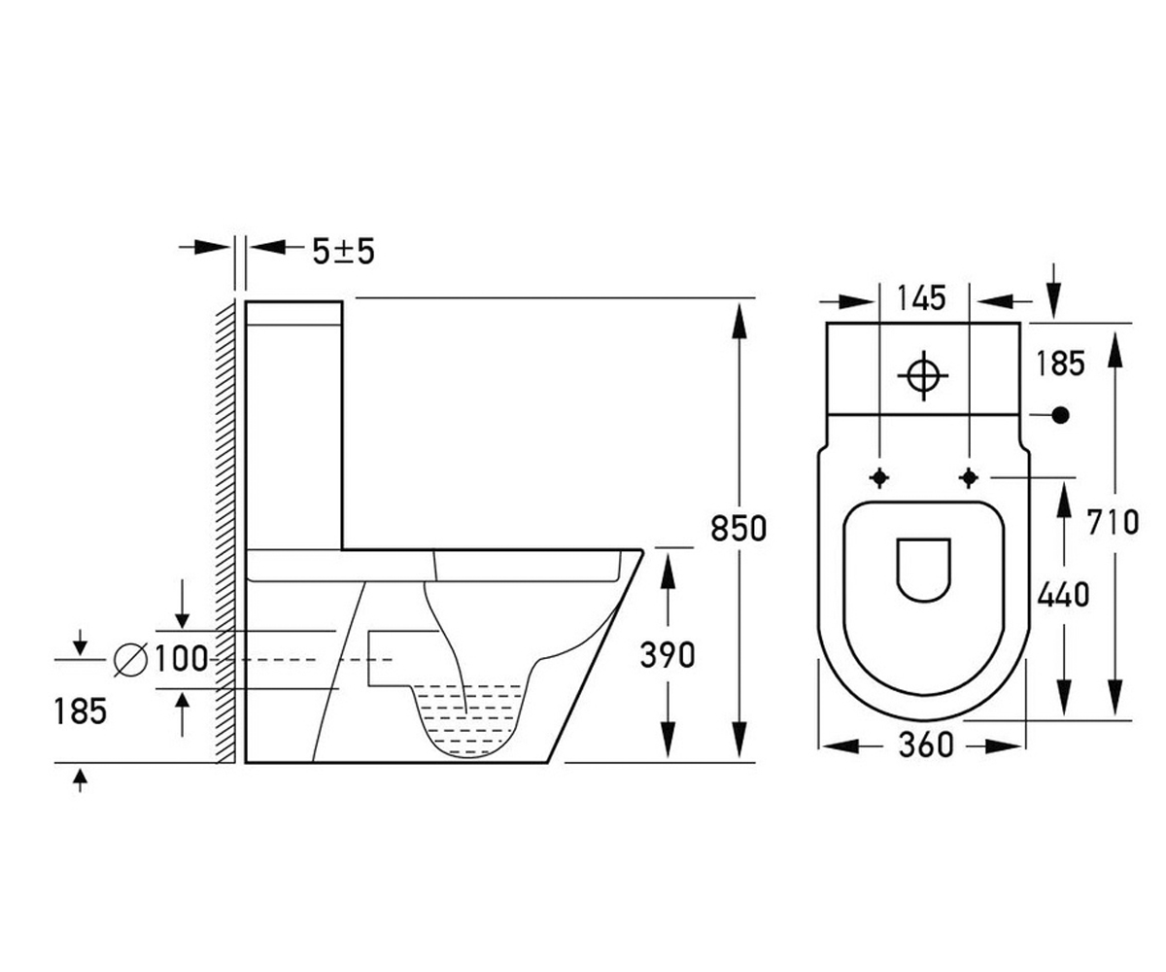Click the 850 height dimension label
click(738, 529)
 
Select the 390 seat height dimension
click(668, 655)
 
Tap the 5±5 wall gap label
click(343, 252)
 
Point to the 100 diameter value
click(181, 658)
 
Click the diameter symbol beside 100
click(130, 659)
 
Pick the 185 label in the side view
click(81, 712)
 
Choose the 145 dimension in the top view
click(921, 297)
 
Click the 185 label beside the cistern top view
click(1060, 364)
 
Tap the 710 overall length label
click(1113, 523)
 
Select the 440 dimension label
click(1063, 594)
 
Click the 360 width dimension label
click(926, 746)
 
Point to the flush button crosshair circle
click(922, 375)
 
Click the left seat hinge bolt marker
click(879, 477)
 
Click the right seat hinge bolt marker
click(969, 477)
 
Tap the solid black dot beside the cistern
click(1060, 415)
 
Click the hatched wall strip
click(225, 531)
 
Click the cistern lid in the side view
click(293, 313)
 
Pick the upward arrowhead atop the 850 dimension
click(738, 321)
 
